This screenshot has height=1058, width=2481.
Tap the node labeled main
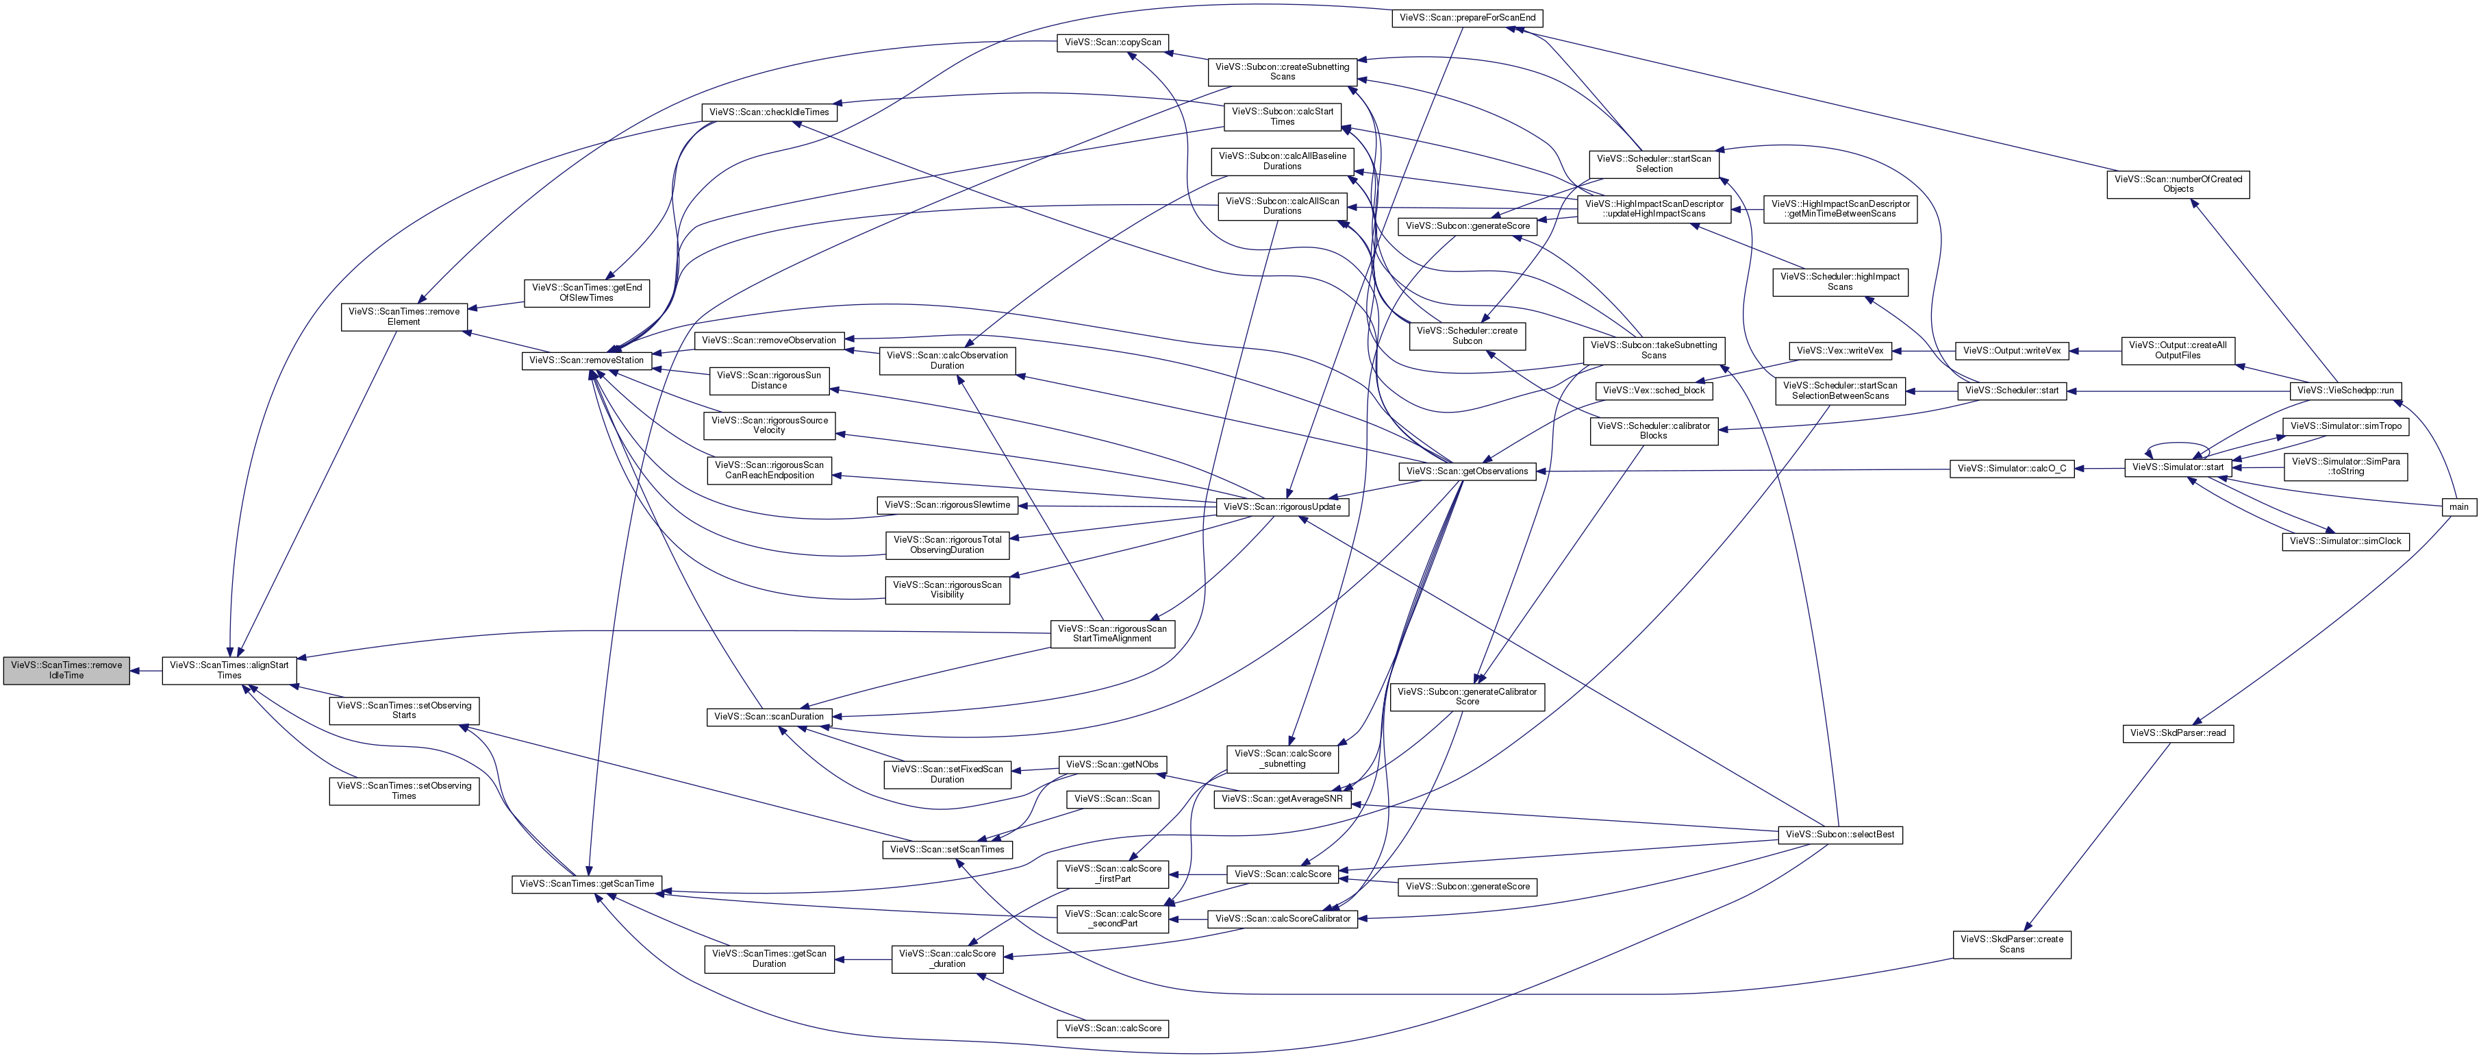pos(2459,507)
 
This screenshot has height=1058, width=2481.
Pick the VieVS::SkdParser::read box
pos(2178,733)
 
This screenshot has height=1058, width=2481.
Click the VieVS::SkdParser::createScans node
pos(2012,944)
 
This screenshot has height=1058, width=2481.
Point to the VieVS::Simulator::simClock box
pos(2345,541)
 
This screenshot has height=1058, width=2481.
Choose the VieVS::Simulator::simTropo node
pos(2345,426)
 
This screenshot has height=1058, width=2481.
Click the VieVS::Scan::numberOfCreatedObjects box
pos(2178,184)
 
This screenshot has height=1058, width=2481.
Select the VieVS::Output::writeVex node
pos(2012,351)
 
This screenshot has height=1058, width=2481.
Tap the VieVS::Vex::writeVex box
pos(1839,351)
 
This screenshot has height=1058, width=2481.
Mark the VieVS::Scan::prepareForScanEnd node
pos(1467,19)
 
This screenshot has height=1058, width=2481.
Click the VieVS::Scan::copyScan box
pos(1112,42)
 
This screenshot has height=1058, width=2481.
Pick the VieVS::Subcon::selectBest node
pos(1839,835)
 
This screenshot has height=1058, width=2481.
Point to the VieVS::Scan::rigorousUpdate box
pos(1281,507)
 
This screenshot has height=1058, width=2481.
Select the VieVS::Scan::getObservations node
pos(1467,471)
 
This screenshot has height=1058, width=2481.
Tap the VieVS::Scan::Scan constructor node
pos(1112,799)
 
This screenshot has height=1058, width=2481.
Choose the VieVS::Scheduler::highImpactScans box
pos(1839,282)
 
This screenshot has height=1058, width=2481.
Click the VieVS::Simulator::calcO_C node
pos(2012,469)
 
